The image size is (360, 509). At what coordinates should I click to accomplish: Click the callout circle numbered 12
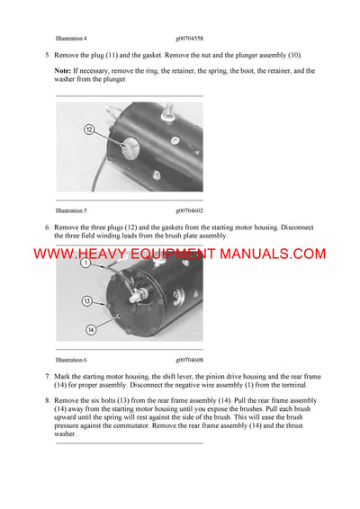point(89,130)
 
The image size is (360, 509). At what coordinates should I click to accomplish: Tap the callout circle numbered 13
point(87,300)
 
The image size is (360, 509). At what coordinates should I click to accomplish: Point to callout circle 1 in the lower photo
point(84,263)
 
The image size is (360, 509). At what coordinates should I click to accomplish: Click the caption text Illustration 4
point(71,39)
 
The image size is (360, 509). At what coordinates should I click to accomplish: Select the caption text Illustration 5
point(71,210)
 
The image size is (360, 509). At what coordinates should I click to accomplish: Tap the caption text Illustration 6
point(71,359)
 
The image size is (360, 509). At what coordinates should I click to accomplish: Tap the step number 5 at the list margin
point(47,55)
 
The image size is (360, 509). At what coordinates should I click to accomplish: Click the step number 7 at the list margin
point(47,374)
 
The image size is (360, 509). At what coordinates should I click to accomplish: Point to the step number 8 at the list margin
point(47,398)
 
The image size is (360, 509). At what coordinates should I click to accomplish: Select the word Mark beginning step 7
point(64,374)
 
